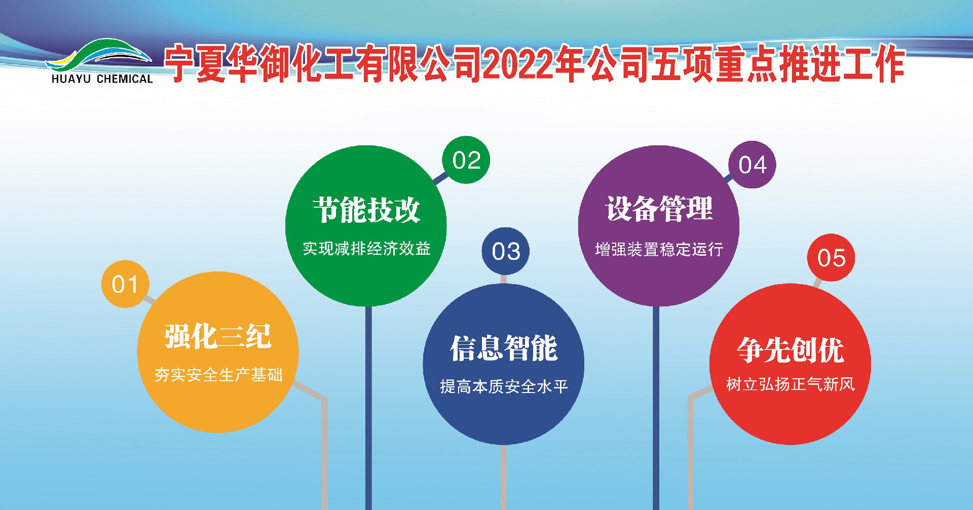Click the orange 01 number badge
[x=125, y=284]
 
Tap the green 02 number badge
[x=466, y=160]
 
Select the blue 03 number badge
[x=506, y=251]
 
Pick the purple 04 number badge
[x=752, y=165]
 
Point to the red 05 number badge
[x=831, y=258]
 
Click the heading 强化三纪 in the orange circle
[x=218, y=336]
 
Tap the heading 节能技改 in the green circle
[x=366, y=210]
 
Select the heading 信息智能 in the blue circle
[x=504, y=348]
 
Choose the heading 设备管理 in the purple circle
[x=659, y=209]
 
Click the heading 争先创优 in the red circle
[x=790, y=349]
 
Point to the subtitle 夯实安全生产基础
[x=218, y=375]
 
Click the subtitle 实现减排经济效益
[x=366, y=249]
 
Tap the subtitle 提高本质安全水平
[x=504, y=387]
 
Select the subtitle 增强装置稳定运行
[x=659, y=249]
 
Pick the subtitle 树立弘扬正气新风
[x=790, y=384]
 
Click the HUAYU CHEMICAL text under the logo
[x=102, y=79]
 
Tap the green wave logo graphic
[x=99, y=55]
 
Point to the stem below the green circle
[x=368, y=405]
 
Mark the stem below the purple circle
[x=656, y=405]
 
